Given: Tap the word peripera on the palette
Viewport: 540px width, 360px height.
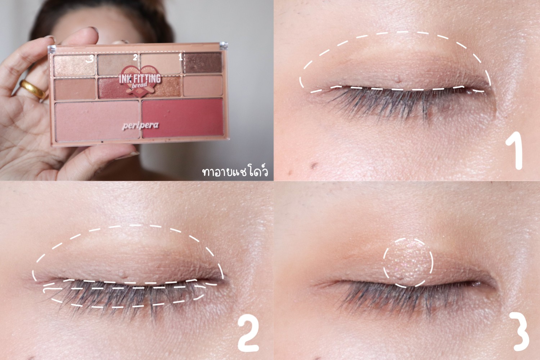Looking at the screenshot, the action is [140, 126].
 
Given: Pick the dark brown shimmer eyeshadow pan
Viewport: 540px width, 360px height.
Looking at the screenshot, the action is [203, 62].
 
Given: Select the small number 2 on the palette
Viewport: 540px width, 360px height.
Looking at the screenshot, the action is [135, 57].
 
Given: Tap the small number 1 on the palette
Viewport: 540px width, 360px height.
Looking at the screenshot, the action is [180, 57].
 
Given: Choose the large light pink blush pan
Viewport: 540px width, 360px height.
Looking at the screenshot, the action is [97, 121].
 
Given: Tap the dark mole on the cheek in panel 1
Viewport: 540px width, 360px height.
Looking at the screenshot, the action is [314, 165].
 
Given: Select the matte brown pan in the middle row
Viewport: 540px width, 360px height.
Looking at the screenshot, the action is [75, 89].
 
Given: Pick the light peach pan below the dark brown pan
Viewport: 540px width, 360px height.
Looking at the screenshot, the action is [203, 85].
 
